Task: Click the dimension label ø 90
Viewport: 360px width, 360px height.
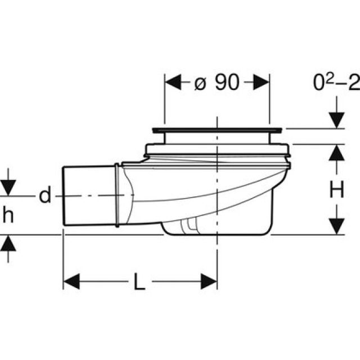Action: (217, 83)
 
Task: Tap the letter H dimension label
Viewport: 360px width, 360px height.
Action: (336, 191)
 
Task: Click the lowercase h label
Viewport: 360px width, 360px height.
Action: (8, 216)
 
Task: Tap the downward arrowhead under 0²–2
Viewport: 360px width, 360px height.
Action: (336, 119)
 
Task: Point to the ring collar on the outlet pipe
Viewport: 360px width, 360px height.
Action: (117, 196)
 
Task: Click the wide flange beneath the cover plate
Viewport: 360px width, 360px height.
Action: (217, 150)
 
